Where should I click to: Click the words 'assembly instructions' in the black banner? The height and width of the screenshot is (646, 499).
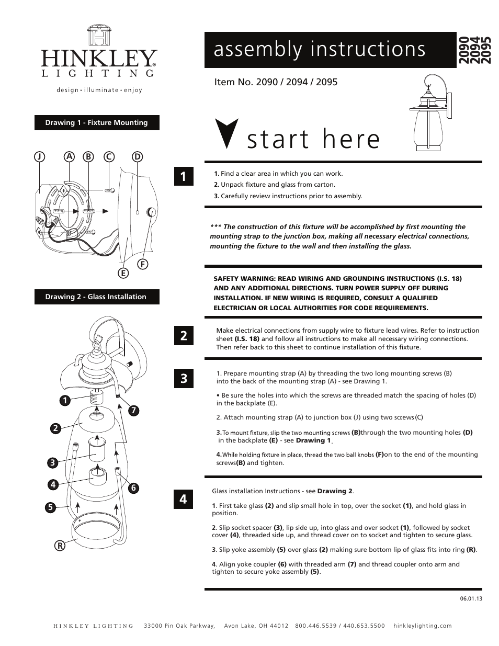[x=320, y=49]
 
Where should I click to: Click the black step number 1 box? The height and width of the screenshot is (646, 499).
[x=184, y=177]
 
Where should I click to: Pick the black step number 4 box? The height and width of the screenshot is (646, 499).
[x=184, y=500]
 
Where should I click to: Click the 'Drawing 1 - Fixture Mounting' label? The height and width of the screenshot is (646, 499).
[x=97, y=123]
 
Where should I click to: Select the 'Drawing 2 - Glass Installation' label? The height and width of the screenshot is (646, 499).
[x=97, y=297]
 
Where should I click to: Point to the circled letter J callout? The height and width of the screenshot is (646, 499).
[x=38, y=156]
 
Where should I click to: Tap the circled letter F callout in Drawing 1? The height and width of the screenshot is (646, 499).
[x=141, y=264]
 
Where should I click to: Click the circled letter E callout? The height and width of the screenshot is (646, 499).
[x=123, y=273]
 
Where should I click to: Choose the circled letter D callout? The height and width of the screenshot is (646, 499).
[x=137, y=156]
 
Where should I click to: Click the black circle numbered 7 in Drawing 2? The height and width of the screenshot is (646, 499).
[x=134, y=411]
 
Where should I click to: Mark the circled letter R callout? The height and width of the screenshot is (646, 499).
[x=61, y=546]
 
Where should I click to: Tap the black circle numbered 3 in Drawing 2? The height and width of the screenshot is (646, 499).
[x=52, y=462]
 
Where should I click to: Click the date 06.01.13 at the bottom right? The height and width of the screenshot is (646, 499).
[x=471, y=599]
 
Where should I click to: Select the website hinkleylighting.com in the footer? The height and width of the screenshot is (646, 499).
[x=422, y=626]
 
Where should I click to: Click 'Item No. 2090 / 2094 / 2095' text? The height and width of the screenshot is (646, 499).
[x=276, y=82]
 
